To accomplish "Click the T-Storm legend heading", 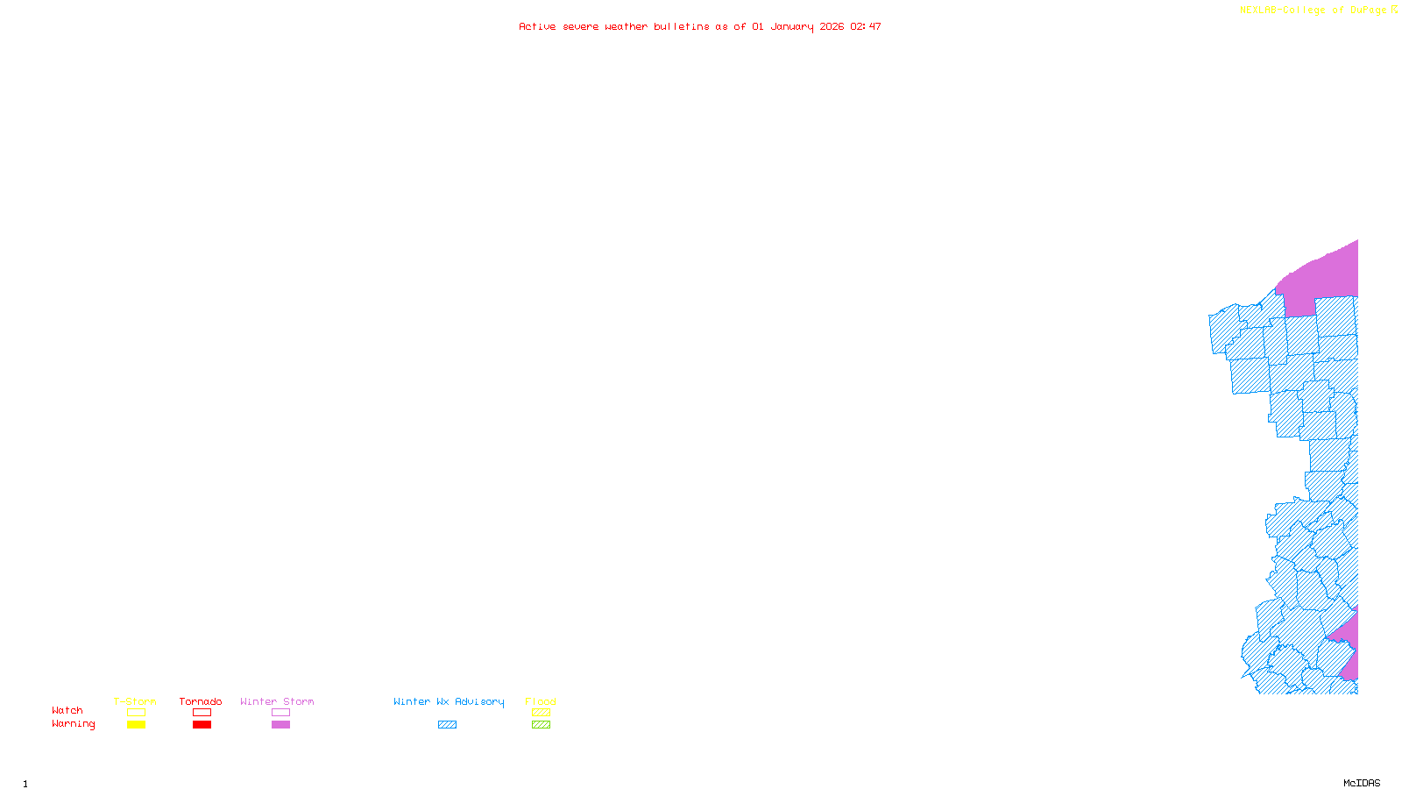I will point(135,701).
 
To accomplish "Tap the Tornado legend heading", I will point(201,701).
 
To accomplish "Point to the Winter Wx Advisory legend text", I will point(449,701).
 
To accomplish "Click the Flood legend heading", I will point(541,701).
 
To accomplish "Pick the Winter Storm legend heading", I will point(277,701).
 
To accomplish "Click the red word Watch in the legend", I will point(67,710).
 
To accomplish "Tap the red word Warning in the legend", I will point(73,724).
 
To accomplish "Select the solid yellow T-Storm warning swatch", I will point(136,725).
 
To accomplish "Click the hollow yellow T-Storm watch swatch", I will point(136,713).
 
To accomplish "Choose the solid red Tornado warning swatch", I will point(202,725).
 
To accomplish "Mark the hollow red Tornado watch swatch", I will point(202,713).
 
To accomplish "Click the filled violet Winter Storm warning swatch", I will point(280,725).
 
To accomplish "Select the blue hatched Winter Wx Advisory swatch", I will point(447,725).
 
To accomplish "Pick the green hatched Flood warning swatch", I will point(542,725).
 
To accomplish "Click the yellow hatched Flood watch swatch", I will point(542,713).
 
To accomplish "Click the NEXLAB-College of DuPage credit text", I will point(1313,10).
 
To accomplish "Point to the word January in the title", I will point(792,26).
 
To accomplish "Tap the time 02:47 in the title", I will point(866,26).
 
